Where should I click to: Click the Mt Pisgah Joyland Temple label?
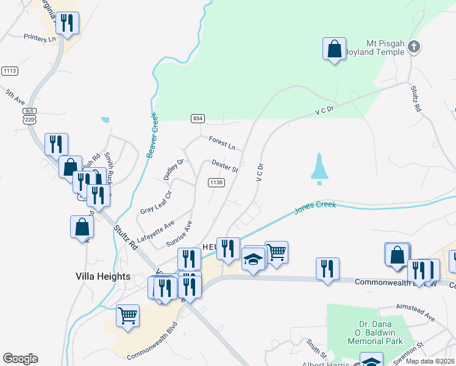pos(385,48)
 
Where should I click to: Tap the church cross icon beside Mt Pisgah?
pos(414,46)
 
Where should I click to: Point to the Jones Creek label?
pos(315,208)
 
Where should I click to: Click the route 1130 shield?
pos(216,182)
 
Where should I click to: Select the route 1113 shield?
pos(9,71)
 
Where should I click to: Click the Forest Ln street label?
pos(221,143)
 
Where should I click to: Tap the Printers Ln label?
pos(39,38)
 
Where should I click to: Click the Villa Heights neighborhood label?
pos(103,276)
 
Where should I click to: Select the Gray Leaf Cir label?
pos(156,202)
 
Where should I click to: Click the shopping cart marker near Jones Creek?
pos(276,251)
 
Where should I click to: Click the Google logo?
pos(20,359)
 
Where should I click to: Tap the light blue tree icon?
pos(319,169)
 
